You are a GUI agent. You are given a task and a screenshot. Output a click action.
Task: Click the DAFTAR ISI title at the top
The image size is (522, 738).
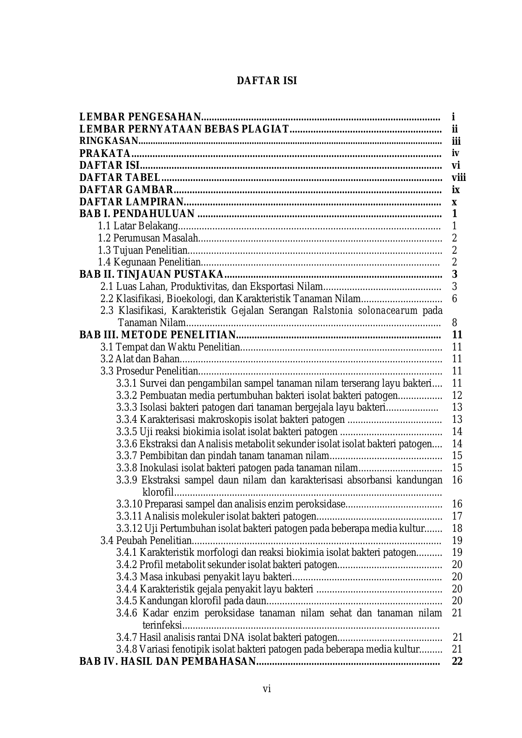(x=267, y=81)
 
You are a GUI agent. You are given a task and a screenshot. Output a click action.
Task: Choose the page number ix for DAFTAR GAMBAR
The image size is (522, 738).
(x=456, y=190)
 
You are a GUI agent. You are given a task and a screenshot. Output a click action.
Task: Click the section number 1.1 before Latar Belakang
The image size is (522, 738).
(x=104, y=226)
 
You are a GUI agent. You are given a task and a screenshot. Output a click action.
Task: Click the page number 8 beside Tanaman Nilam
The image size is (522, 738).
(x=454, y=323)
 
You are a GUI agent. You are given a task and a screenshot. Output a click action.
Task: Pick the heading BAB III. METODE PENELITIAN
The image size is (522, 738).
(x=158, y=335)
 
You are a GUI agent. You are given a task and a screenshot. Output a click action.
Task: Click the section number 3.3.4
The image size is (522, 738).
(x=127, y=419)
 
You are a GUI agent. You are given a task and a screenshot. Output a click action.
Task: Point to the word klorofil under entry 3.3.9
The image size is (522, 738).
(x=158, y=492)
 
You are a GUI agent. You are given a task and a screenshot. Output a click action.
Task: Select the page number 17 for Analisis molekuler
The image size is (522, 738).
(x=457, y=516)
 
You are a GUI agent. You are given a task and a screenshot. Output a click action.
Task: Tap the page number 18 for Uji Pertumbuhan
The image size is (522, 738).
(x=457, y=528)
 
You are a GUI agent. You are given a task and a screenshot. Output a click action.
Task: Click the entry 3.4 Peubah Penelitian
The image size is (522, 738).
(x=146, y=541)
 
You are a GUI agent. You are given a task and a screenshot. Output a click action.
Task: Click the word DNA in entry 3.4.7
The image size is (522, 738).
(x=235, y=637)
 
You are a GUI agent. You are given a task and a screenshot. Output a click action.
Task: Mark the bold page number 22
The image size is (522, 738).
(x=457, y=661)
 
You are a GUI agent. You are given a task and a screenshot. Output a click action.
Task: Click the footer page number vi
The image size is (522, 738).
(x=267, y=689)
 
